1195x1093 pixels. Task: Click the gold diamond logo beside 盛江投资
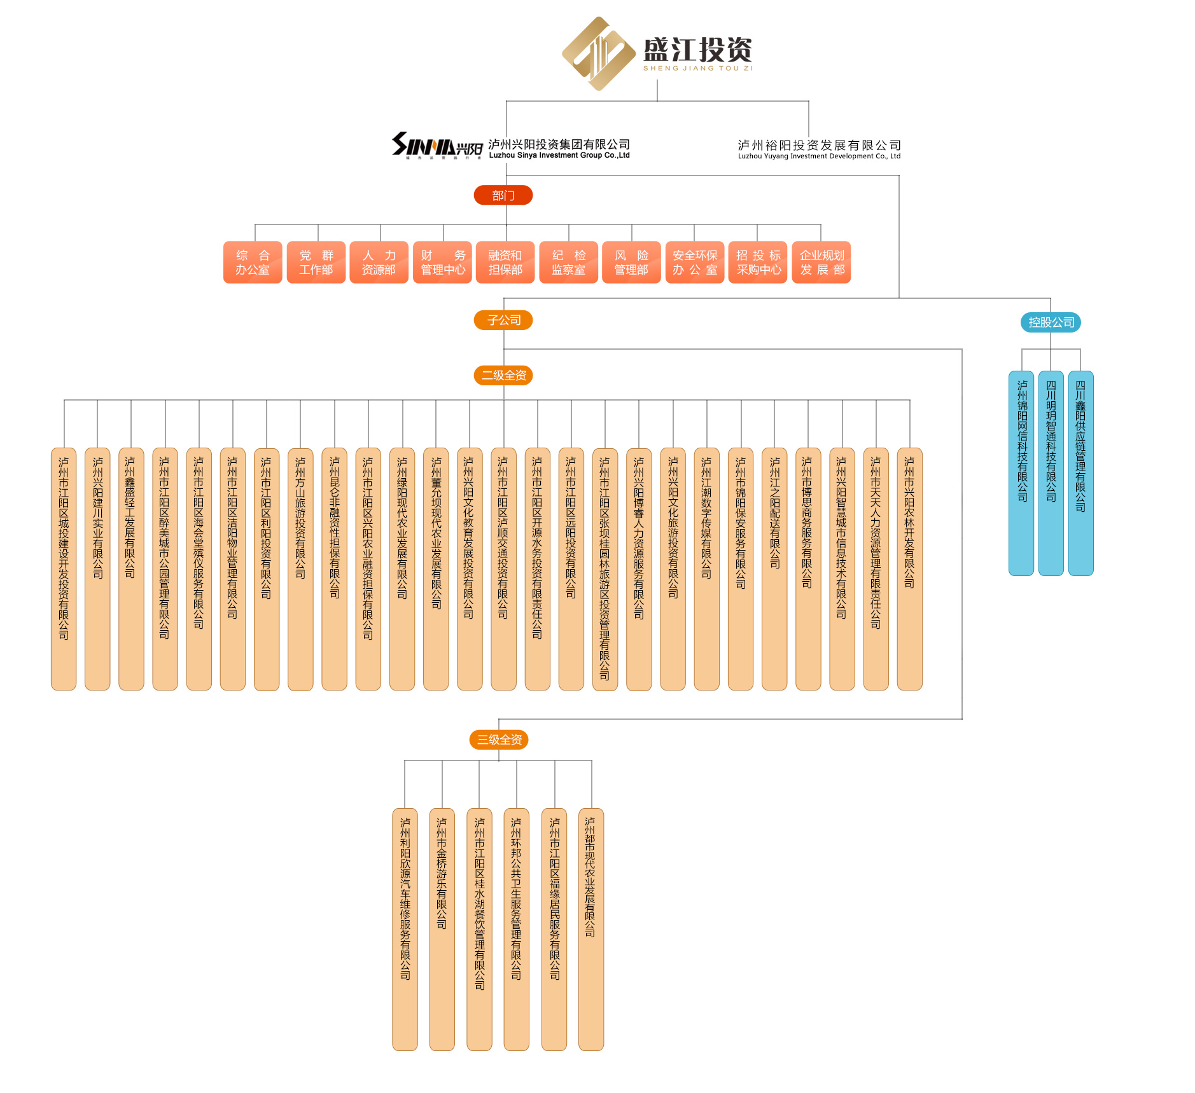[x=598, y=53]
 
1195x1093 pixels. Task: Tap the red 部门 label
[x=503, y=195]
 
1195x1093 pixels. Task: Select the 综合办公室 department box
[x=253, y=262]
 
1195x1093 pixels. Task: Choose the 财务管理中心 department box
[x=442, y=262]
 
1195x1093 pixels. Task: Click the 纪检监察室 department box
[x=568, y=262]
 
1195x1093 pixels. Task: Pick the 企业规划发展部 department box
[x=821, y=262]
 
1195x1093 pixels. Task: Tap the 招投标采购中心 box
[x=758, y=262]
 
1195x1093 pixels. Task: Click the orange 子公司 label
[x=503, y=320]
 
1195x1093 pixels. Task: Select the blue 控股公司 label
[x=1051, y=322]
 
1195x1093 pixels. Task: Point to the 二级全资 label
[x=503, y=375]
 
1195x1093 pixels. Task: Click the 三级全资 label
[x=500, y=739]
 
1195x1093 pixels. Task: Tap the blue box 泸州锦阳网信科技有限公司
[x=1021, y=473]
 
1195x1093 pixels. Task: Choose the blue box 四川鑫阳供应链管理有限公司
[x=1080, y=473]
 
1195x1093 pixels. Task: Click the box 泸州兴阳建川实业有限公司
[x=97, y=568]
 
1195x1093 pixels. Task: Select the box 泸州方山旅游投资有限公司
[x=300, y=568]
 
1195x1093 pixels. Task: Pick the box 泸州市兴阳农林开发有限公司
[x=909, y=568]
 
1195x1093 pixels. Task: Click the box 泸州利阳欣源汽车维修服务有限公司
[x=405, y=929]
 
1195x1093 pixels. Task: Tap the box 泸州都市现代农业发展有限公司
[x=591, y=929]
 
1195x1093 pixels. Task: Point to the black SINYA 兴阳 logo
[x=437, y=146]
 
